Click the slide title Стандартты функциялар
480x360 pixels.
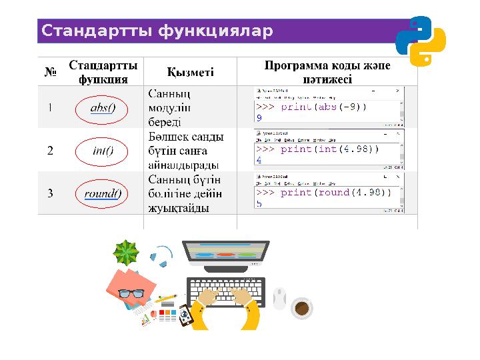157,31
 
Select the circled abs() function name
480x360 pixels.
103,109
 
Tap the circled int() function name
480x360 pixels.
103,151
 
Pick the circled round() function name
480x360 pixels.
103,194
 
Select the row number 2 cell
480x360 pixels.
50,151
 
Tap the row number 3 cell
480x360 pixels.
50,194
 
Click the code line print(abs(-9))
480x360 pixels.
311,107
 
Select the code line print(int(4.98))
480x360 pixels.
317,149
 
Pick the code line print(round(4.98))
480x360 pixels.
323,193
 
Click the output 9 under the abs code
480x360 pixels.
259,117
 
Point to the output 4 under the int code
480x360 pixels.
259,160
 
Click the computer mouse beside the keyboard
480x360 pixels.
279,297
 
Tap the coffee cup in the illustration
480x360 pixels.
301,308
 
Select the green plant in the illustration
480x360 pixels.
126,253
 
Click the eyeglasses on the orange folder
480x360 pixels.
131,293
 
